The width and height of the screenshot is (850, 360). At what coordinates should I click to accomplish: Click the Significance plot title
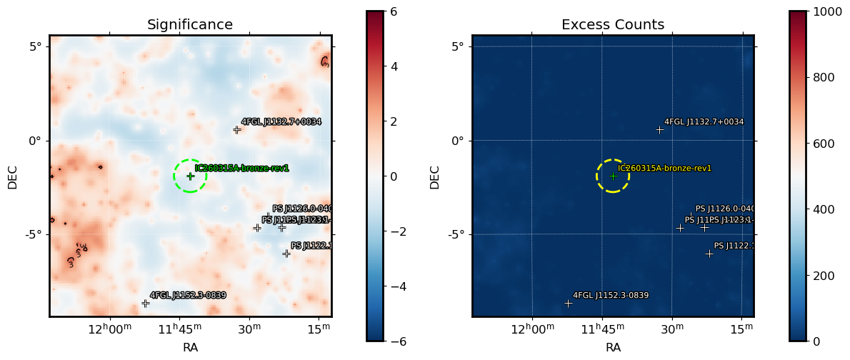point(190,25)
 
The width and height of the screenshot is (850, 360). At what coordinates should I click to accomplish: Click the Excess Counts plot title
point(613,25)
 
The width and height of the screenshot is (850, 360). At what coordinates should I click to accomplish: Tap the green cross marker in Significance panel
point(190,176)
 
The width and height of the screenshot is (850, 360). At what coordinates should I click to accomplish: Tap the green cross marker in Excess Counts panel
point(613,176)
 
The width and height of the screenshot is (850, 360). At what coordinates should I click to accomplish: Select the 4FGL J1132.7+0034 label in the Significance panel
point(281,122)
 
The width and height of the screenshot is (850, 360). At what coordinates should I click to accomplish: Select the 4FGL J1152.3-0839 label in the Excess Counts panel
point(611,295)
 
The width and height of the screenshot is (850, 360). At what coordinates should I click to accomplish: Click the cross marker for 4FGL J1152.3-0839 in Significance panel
point(145,303)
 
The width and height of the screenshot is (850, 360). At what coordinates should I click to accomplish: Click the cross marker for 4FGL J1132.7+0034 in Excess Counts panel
point(660,129)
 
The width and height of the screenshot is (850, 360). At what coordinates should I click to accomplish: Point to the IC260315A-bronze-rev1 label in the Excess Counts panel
point(664,169)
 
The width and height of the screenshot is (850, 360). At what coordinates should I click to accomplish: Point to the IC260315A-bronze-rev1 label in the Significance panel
point(241,169)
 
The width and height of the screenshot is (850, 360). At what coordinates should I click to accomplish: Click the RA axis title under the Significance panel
point(190,348)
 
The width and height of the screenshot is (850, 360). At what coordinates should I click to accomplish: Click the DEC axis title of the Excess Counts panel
point(435,176)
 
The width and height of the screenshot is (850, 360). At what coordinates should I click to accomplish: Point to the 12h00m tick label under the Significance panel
point(110,329)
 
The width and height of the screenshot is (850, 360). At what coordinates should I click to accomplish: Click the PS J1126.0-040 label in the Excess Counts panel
point(724,209)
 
